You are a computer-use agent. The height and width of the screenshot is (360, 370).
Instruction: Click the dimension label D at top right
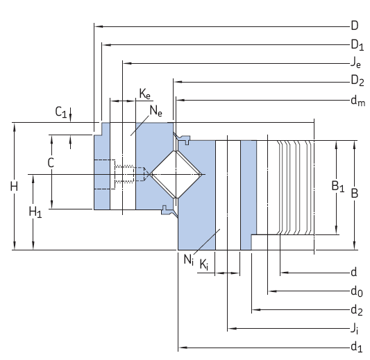click(x=354, y=26)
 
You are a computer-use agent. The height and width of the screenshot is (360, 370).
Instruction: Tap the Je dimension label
click(x=355, y=63)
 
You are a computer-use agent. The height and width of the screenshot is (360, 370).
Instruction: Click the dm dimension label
click(x=358, y=101)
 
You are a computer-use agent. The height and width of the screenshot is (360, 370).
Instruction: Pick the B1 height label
click(x=337, y=186)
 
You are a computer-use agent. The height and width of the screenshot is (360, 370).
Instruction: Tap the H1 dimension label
click(x=35, y=213)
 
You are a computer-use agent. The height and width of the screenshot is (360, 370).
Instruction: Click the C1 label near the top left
click(x=61, y=112)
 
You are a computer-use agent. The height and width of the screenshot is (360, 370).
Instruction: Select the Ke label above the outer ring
click(x=144, y=93)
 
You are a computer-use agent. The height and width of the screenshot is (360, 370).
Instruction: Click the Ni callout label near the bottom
click(x=188, y=260)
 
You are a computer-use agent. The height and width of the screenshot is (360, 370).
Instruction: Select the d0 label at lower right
click(x=357, y=291)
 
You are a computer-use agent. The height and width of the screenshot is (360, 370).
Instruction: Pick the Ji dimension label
click(x=355, y=327)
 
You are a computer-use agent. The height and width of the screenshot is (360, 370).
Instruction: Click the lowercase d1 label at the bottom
click(x=357, y=346)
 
